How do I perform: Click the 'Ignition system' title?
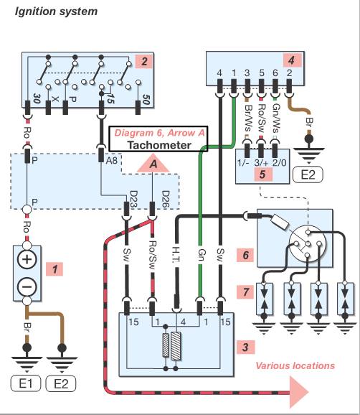[x=56, y=11]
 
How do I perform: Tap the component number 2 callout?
[x=144, y=62]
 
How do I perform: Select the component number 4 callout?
[x=292, y=60]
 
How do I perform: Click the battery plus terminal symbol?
[x=27, y=259]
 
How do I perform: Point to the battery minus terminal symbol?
[x=27, y=287]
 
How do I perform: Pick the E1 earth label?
[x=26, y=383]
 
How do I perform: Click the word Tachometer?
[x=159, y=145]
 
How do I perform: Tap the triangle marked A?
[x=153, y=164]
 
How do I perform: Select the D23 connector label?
[x=134, y=200]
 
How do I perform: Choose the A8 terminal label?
[x=112, y=160]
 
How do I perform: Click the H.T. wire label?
[x=176, y=255]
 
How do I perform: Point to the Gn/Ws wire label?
[x=276, y=118]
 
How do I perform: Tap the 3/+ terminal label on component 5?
[x=261, y=162]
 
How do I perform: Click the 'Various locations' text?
[x=295, y=365]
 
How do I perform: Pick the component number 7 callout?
[x=246, y=292]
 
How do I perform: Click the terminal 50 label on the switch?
[x=146, y=100]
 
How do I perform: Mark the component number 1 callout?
[x=55, y=269]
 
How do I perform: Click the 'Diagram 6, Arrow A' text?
[x=159, y=133]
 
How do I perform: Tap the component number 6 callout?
[x=246, y=255]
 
